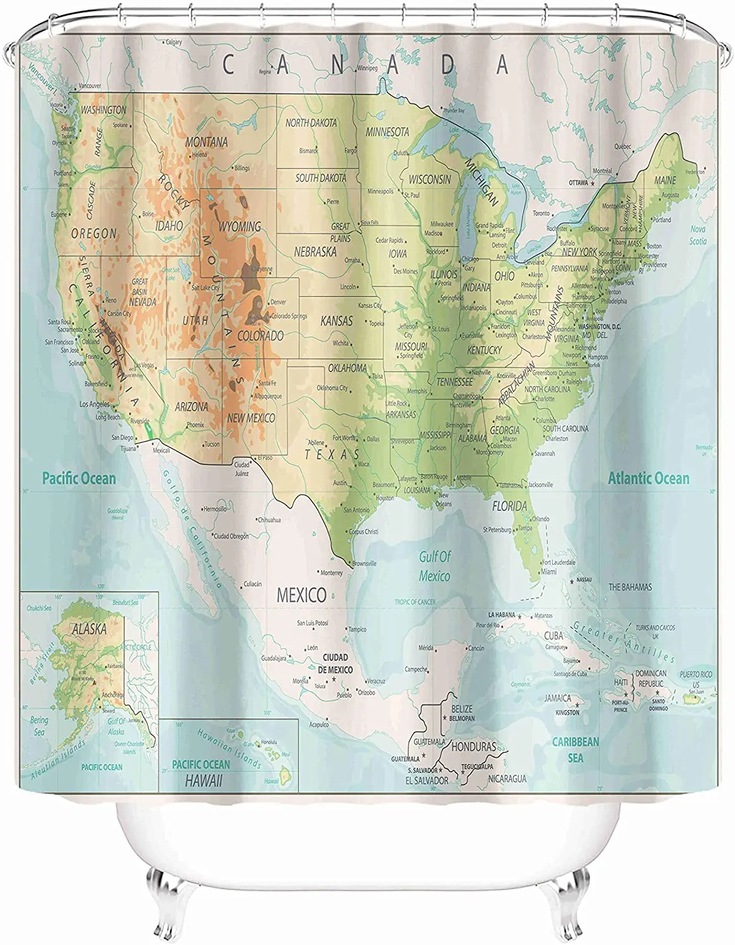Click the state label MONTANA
[206, 142]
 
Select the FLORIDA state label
[509, 506]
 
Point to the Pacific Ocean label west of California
[79, 478]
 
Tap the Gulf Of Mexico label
[436, 566]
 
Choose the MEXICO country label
[302, 594]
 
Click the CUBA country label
[553, 636]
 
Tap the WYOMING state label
[239, 226]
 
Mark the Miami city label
[548, 571]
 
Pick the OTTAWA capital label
[578, 183]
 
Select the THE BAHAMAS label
[630, 587]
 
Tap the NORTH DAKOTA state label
[311, 123]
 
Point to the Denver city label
[278, 302]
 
